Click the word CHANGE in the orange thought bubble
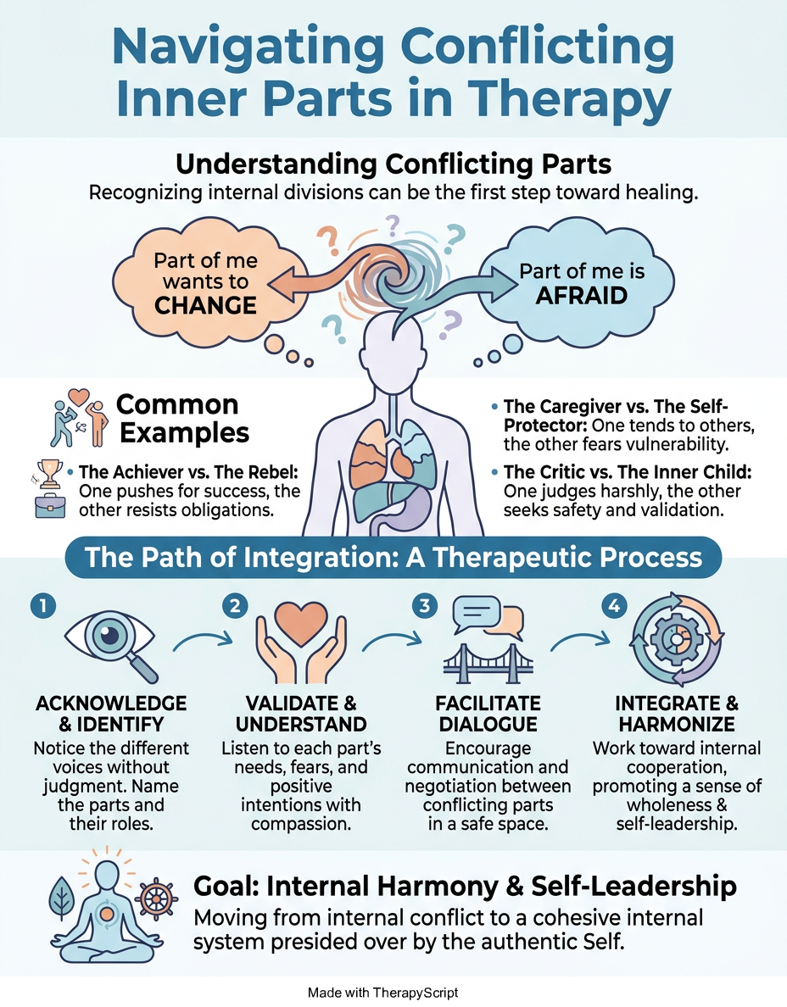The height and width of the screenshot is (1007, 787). click(205, 306)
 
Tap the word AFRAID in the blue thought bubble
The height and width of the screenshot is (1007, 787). click(582, 296)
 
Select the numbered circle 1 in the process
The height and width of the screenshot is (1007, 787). click(43, 605)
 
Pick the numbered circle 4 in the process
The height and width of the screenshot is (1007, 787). click(614, 605)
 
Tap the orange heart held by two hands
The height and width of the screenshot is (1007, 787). click(301, 624)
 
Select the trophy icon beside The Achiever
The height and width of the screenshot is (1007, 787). click(49, 473)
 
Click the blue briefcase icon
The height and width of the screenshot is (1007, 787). click(50, 506)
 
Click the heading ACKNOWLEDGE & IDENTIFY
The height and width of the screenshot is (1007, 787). click(111, 714)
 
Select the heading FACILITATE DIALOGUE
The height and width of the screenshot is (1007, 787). click(488, 714)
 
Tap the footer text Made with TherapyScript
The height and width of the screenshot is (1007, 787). click(383, 993)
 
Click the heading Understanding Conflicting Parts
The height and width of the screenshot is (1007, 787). click(393, 164)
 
